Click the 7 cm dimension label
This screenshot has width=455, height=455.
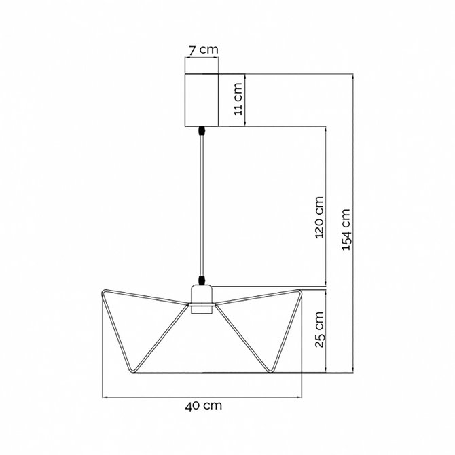pos(204,50)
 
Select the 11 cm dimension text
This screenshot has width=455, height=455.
pos(238,99)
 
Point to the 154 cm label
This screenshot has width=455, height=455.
pos(346,230)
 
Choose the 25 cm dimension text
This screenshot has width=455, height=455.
pos(319,329)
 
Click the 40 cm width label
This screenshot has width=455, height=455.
pos(204,406)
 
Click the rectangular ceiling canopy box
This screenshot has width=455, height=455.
pos(202,100)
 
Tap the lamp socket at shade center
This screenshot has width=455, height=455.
pos(202,299)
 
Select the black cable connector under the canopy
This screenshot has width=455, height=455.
pos(202,131)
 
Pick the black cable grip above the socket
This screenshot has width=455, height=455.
pos(202,280)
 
